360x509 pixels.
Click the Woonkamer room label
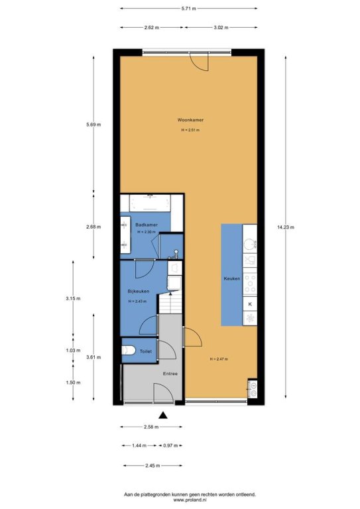click(x=190, y=120)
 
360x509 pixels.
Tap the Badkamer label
click(x=147, y=225)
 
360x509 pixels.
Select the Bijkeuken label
click(x=139, y=291)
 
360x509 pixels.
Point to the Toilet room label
click(x=145, y=351)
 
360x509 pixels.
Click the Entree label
click(x=170, y=374)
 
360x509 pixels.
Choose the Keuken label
click(x=232, y=278)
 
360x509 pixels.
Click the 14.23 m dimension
click(x=286, y=227)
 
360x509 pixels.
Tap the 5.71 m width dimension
click(x=188, y=9)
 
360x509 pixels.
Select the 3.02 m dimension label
click(x=221, y=27)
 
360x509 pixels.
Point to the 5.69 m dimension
click(x=93, y=125)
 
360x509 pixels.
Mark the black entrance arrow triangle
click(x=163, y=415)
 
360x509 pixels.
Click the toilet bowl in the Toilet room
click(x=129, y=350)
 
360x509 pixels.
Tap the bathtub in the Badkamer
click(x=150, y=203)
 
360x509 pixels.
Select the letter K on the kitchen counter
click(x=250, y=304)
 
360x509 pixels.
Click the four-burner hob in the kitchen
click(x=250, y=284)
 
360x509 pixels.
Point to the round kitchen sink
click(x=250, y=245)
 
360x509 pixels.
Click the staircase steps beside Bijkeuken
click(x=170, y=304)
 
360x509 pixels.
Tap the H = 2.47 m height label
click(x=219, y=359)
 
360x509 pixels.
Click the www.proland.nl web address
click(x=190, y=500)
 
